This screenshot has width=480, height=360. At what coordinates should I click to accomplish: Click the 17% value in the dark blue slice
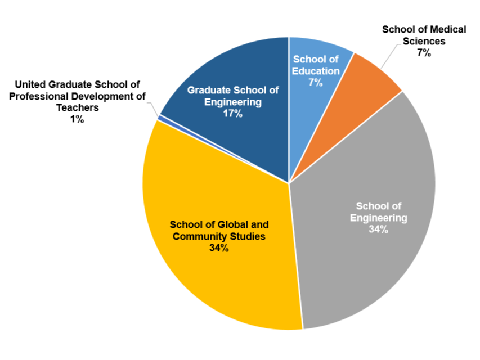(232, 114)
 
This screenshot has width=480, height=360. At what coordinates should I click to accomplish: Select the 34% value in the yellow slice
(216, 247)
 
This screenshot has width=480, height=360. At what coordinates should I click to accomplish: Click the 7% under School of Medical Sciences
(423, 53)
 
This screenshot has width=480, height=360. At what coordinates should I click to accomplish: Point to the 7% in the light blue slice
(315, 83)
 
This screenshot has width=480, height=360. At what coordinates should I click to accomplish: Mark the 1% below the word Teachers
(74, 119)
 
